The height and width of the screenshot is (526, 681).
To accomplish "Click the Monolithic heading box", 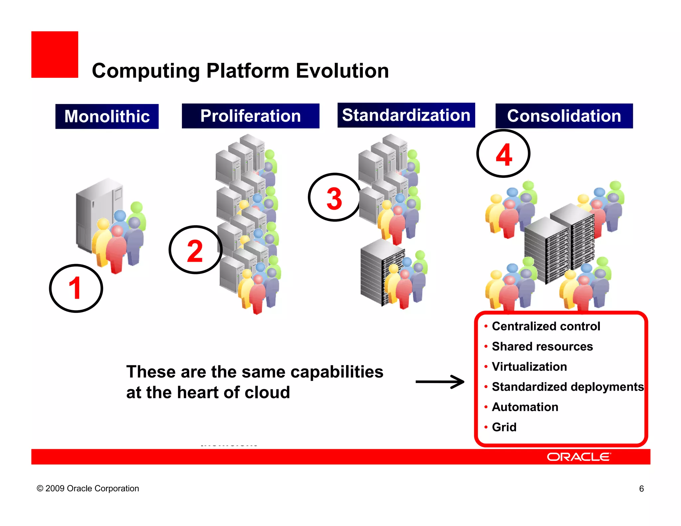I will (107, 116).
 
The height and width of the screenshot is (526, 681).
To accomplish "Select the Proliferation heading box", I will (250, 116).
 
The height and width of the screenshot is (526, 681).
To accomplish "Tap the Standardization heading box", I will (406, 115).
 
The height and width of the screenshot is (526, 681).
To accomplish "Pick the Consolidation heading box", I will (564, 116).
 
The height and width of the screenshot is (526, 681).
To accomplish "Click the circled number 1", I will (76, 288).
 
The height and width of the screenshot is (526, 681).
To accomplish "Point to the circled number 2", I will (195, 250).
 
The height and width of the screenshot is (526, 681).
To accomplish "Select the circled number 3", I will (334, 197).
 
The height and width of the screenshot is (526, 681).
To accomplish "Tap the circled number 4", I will (503, 154).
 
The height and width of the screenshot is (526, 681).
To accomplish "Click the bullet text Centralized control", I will (546, 326).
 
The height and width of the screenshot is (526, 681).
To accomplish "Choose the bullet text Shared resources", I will (542, 346).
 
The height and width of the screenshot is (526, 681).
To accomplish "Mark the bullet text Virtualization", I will (529, 367).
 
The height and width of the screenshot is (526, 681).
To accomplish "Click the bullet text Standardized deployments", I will (568, 387).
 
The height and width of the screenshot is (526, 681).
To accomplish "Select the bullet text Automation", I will (525, 407).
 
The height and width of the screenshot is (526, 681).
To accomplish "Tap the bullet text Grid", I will (504, 427).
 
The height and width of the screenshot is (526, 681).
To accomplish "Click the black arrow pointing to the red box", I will (440, 382).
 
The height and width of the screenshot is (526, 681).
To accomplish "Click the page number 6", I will (641, 489).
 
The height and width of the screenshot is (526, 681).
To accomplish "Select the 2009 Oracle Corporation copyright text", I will (88, 488).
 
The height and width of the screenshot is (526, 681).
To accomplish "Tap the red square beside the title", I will (55, 55).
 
